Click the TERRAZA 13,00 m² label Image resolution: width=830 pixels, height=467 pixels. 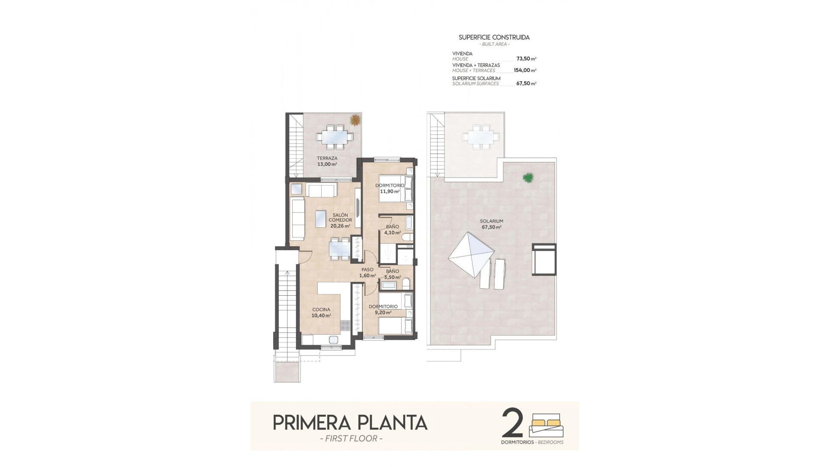click(x=327, y=161)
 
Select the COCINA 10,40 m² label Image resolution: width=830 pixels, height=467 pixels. click(x=321, y=312)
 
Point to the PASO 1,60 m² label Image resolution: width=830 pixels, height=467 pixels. click(x=367, y=272)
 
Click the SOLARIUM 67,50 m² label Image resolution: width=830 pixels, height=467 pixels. click(x=492, y=224)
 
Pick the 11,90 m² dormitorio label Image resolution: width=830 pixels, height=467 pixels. click(x=389, y=188)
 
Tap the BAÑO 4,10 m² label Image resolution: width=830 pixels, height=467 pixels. click(x=393, y=229)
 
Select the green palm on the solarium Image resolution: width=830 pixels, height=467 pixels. click(x=527, y=177)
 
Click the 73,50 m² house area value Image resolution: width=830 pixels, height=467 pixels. click(x=526, y=58)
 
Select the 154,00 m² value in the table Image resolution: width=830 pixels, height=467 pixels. click(x=525, y=70)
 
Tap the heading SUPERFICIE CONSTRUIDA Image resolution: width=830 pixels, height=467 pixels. click(x=494, y=38)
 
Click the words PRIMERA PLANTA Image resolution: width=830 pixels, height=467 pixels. click(x=350, y=422)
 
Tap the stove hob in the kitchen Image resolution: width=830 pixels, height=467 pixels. click(x=345, y=325)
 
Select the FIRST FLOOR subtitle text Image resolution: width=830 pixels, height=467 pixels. click(x=350, y=439)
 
